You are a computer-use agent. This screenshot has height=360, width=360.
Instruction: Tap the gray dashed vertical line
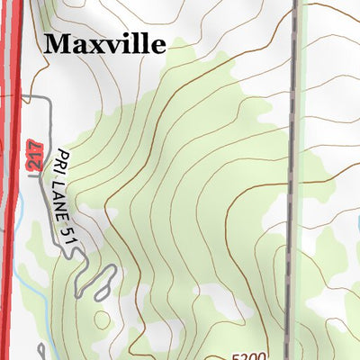click(292, 180)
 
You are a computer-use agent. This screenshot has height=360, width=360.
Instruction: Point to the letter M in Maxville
click(56, 42)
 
